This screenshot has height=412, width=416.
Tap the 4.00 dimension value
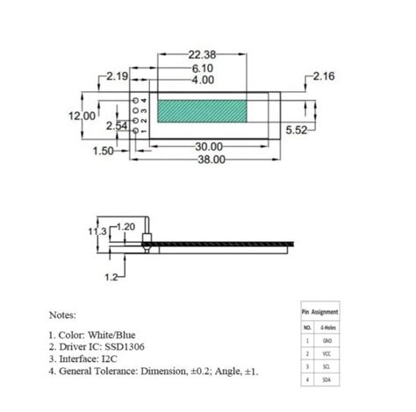click(x=202, y=80)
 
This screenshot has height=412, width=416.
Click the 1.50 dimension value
click(x=103, y=151)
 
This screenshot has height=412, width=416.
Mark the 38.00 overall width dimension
click(x=209, y=160)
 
